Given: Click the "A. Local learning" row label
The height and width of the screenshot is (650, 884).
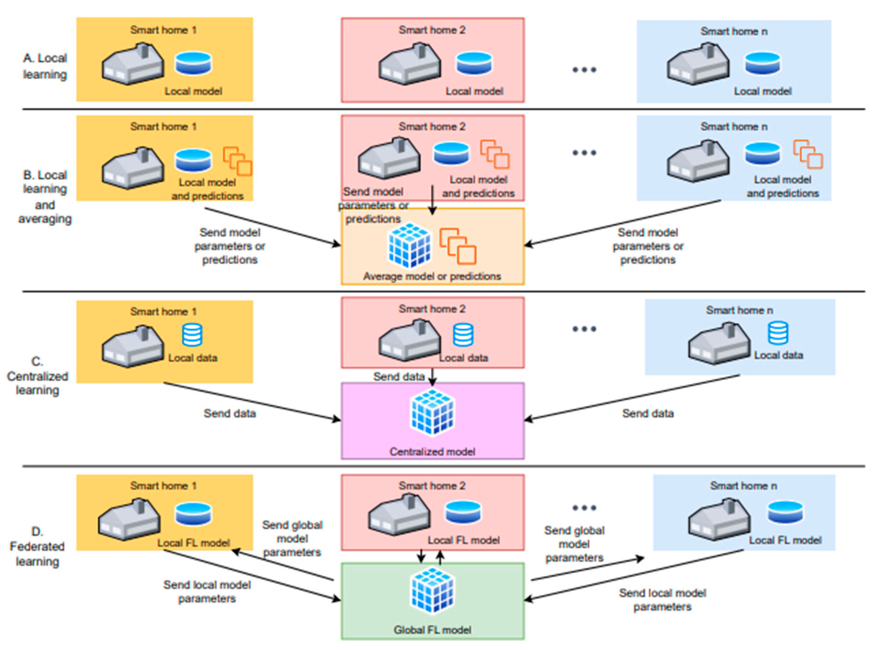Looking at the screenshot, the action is pyautogui.click(x=45, y=66).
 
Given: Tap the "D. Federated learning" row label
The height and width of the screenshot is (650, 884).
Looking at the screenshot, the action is pyautogui.click(x=37, y=547).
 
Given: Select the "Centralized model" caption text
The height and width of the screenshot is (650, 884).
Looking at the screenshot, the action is pyautogui.click(x=432, y=451).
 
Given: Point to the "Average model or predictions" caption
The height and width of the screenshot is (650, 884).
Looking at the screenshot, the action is pyautogui.click(x=432, y=276).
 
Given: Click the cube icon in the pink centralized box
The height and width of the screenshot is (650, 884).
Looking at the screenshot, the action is pyautogui.click(x=432, y=412).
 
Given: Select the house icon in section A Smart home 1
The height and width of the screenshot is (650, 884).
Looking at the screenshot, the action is pyautogui.click(x=133, y=64).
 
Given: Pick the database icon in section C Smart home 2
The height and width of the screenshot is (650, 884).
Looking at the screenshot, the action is pyautogui.click(x=463, y=335).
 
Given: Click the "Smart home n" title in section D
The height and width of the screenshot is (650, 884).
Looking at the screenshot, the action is pyautogui.click(x=744, y=486).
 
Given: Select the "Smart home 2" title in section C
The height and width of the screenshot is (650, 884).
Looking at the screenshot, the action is pyautogui.click(x=432, y=309).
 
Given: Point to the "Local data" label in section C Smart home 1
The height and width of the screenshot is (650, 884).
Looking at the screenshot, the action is pyautogui.click(x=193, y=358).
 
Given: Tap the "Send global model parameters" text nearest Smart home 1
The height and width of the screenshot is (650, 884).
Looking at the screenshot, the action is pyautogui.click(x=292, y=539).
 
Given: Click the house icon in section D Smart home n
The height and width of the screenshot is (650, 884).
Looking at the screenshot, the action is pyautogui.click(x=719, y=519).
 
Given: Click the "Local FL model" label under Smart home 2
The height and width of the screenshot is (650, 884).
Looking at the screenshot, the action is pyautogui.click(x=464, y=540).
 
